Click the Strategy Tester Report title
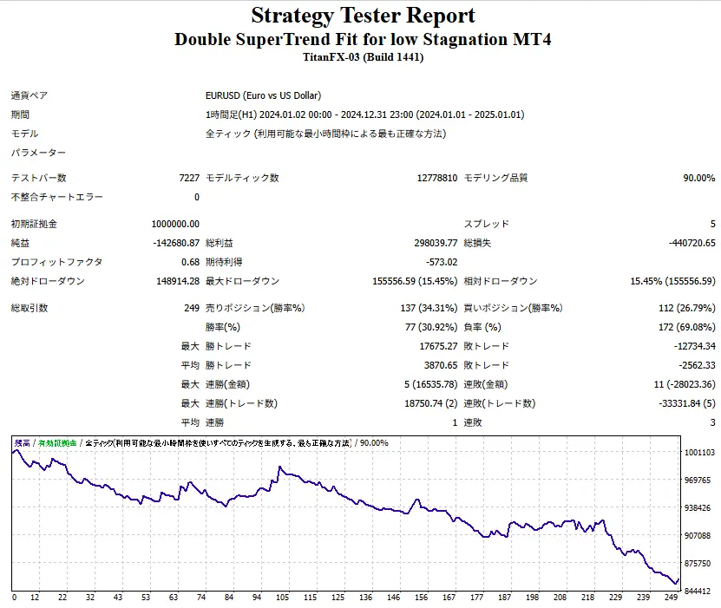363,16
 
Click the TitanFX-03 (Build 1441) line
363,57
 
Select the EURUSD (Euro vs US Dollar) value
263,95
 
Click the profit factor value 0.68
190,262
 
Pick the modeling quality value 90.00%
698,178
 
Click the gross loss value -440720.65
686,243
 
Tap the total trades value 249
191,308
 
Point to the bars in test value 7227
188,178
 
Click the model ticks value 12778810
436,178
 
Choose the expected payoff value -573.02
440,262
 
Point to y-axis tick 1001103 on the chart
698,453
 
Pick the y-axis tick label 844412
698,592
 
